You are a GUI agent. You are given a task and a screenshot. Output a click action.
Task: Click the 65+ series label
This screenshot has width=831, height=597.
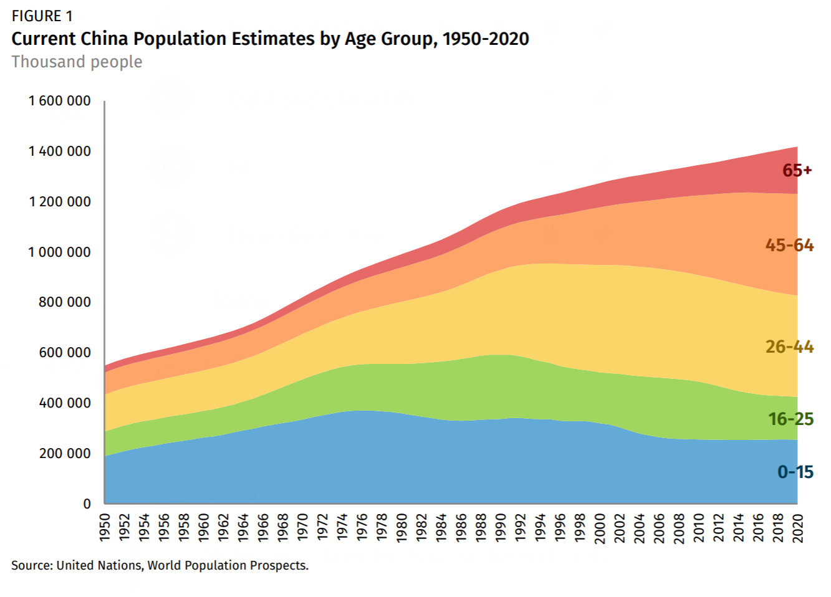(797, 170)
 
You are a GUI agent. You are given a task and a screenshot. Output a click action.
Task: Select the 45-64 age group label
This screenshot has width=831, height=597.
(789, 245)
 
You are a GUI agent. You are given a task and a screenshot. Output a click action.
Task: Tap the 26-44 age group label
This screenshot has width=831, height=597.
(789, 346)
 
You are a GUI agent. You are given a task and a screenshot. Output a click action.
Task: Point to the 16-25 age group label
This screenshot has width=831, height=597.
(790, 419)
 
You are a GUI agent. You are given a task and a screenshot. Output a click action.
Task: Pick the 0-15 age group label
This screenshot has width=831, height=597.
(795, 472)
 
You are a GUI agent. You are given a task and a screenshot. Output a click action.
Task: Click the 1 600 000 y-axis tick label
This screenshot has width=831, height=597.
(60, 101)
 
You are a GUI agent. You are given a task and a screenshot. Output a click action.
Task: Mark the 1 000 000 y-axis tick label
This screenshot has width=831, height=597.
(60, 252)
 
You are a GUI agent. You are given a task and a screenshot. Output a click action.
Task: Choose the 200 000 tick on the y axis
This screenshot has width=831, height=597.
(65, 454)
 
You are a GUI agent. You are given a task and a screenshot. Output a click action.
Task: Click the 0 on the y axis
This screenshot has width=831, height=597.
(87, 504)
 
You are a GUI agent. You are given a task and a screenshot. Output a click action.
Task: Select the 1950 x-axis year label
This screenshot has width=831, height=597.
(105, 528)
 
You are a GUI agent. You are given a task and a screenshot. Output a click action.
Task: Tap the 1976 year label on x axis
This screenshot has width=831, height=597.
(362, 528)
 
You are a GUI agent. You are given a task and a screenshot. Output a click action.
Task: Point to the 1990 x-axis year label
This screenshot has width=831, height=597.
(501, 528)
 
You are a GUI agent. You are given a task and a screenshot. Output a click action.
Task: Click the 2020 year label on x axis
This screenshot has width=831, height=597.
(798, 528)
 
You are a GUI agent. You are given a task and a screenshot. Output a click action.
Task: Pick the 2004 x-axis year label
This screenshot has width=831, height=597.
(640, 528)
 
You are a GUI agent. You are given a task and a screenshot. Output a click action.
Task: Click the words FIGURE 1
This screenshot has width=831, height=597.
(42, 16)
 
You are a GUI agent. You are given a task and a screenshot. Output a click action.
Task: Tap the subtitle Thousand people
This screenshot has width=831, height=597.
(77, 62)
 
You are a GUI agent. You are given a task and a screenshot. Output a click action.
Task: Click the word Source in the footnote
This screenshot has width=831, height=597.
(31, 565)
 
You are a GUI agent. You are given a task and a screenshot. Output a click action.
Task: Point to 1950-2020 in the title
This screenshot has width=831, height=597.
(486, 39)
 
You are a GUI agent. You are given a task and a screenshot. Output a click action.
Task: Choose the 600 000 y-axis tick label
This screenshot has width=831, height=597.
(65, 353)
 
